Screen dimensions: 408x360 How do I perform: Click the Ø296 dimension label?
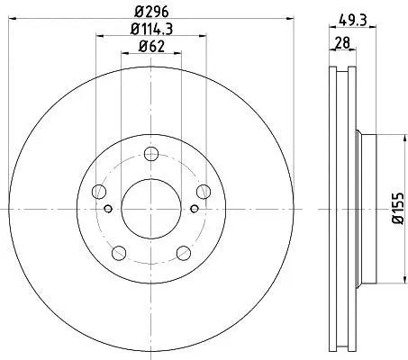click(151, 12)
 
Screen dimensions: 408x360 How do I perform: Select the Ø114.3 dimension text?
click(151, 29)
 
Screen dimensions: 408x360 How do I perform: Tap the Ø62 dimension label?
click(151, 47)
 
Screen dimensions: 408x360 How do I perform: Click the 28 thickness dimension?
click(342, 42)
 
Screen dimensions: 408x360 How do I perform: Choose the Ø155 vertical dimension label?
click(398, 208)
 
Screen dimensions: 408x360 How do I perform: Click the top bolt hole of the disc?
click(151, 154)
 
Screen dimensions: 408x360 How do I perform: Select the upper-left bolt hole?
click(99, 192)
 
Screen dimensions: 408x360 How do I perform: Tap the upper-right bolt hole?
click(204, 192)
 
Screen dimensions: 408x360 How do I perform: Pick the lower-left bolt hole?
click(119, 253)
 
